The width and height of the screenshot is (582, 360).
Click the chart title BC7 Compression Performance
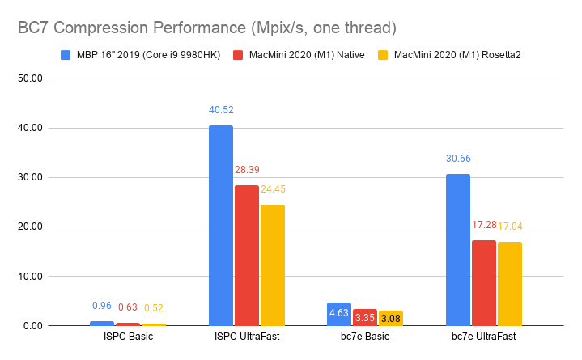pos(132,28)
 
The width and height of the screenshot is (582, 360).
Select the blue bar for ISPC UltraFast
pos(221,226)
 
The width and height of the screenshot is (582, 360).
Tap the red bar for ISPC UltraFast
pos(247,256)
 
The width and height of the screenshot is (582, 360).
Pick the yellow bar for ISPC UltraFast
pos(273,265)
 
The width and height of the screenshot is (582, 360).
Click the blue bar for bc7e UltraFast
pos(458,250)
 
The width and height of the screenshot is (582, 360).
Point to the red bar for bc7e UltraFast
pos(484,283)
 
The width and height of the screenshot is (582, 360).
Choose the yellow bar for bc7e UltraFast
pos(510,284)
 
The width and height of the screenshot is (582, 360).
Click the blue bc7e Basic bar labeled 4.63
pos(339,315)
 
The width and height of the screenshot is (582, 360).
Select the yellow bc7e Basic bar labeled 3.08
pos(391,318)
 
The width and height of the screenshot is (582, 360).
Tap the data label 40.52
pos(221,110)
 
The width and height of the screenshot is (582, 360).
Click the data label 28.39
pos(247,170)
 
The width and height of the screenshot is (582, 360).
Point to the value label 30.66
pos(458,159)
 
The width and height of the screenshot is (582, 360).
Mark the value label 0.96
pos(102,306)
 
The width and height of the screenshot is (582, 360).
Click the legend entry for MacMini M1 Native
pos(299,55)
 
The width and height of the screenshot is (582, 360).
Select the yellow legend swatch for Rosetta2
pos(383,55)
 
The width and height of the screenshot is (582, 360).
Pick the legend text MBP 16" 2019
pos(112,55)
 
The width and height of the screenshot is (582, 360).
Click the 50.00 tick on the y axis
pos(30,78)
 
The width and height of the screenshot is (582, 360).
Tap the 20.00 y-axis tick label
pos(30,227)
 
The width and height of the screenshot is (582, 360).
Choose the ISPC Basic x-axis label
pos(128,337)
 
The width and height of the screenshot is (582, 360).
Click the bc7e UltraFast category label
pos(483,337)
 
